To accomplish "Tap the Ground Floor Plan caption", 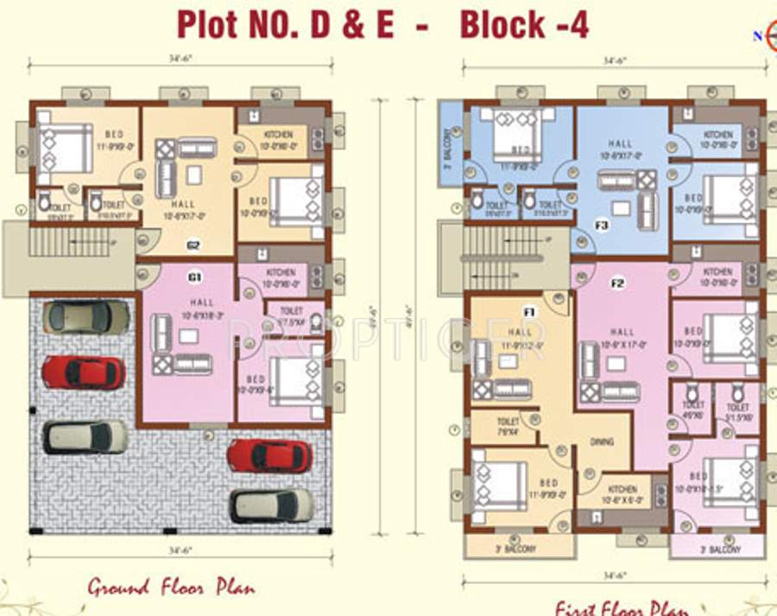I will (x=171, y=588).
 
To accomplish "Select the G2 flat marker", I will (x=194, y=245).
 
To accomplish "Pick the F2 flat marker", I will (x=618, y=283).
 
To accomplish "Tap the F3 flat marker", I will (x=602, y=227).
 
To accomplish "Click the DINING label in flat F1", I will (x=602, y=441).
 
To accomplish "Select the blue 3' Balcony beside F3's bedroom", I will (x=449, y=143).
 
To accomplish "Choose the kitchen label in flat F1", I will (x=622, y=491).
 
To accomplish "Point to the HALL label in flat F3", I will (x=620, y=144).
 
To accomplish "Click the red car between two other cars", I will (x=84, y=372).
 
